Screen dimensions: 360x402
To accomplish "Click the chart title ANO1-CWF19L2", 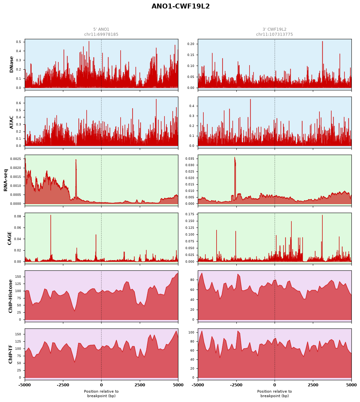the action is (x=180, y=6).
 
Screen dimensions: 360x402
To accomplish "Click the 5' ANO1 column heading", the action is (x=101, y=29).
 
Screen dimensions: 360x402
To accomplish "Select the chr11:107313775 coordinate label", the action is (x=274, y=34).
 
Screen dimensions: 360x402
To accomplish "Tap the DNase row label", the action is (x=11, y=65).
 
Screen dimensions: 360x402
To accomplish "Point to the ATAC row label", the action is (x=11, y=122).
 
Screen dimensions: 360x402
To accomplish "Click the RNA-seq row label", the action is (x=5, y=180).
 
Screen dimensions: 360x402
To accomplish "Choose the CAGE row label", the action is (x=9, y=238).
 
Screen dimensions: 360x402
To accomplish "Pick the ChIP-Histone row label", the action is (x=10, y=296).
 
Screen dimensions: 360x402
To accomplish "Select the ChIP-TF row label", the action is (x=10, y=354).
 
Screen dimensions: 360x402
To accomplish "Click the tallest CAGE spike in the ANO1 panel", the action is (x=50, y=215).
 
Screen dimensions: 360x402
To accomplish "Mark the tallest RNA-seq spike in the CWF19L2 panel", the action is (x=235, y=158).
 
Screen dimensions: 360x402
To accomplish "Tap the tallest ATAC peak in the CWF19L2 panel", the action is (x=250, y=99).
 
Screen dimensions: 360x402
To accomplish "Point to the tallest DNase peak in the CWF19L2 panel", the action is (x=322, y=42).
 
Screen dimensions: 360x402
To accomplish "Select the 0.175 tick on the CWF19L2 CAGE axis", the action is (x=190, y=214).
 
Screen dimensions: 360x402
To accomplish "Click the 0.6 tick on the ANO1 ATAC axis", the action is (x=18, y=103).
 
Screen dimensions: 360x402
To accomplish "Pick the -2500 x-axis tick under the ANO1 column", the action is (x=63, y=385).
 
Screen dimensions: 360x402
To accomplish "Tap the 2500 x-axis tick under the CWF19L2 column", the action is (x=313, y=385).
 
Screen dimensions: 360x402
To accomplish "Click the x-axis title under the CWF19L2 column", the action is (x=274, y=394).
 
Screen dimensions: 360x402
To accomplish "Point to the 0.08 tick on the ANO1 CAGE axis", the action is (x=17, y=216).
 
